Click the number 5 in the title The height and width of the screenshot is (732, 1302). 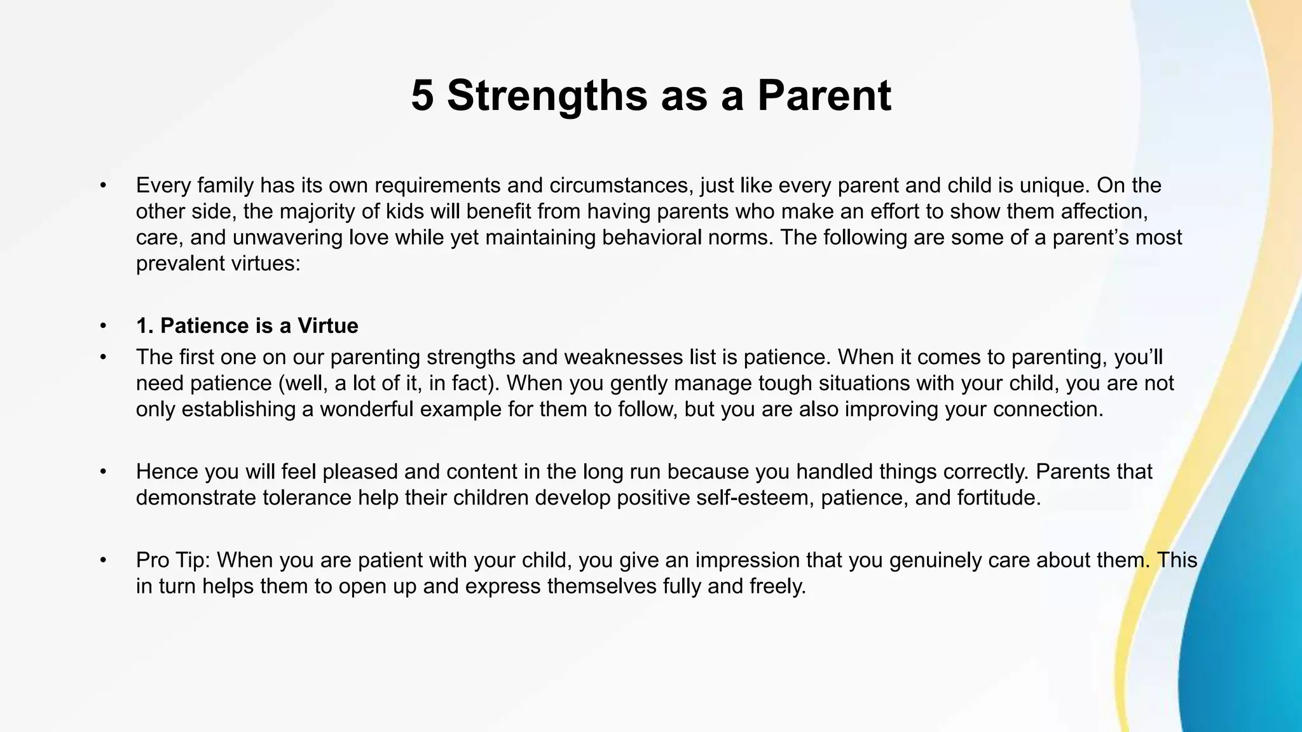tap(423, 96)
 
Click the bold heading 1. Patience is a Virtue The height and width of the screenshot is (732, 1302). tap(247, 326)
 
